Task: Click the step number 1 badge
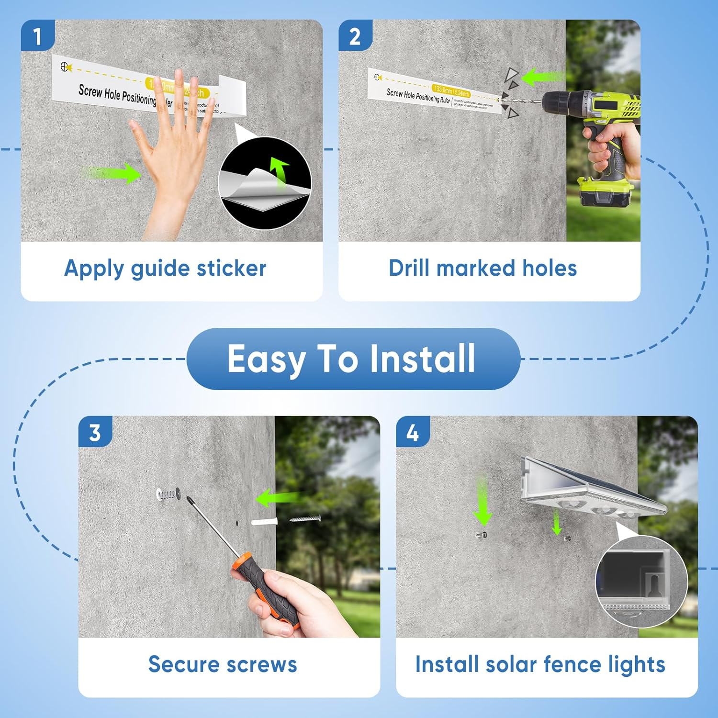tap(37, 36)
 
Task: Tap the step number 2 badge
tap(355, 36)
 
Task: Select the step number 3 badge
tap(95, 432)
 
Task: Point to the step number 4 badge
tap(412, 432)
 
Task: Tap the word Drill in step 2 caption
tap(409, 268)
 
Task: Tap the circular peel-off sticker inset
tap(265, 183)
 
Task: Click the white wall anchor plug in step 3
tap(265, 521)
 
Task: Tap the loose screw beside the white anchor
tap(305, 518)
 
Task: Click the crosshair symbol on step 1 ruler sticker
tap(65, 67)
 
